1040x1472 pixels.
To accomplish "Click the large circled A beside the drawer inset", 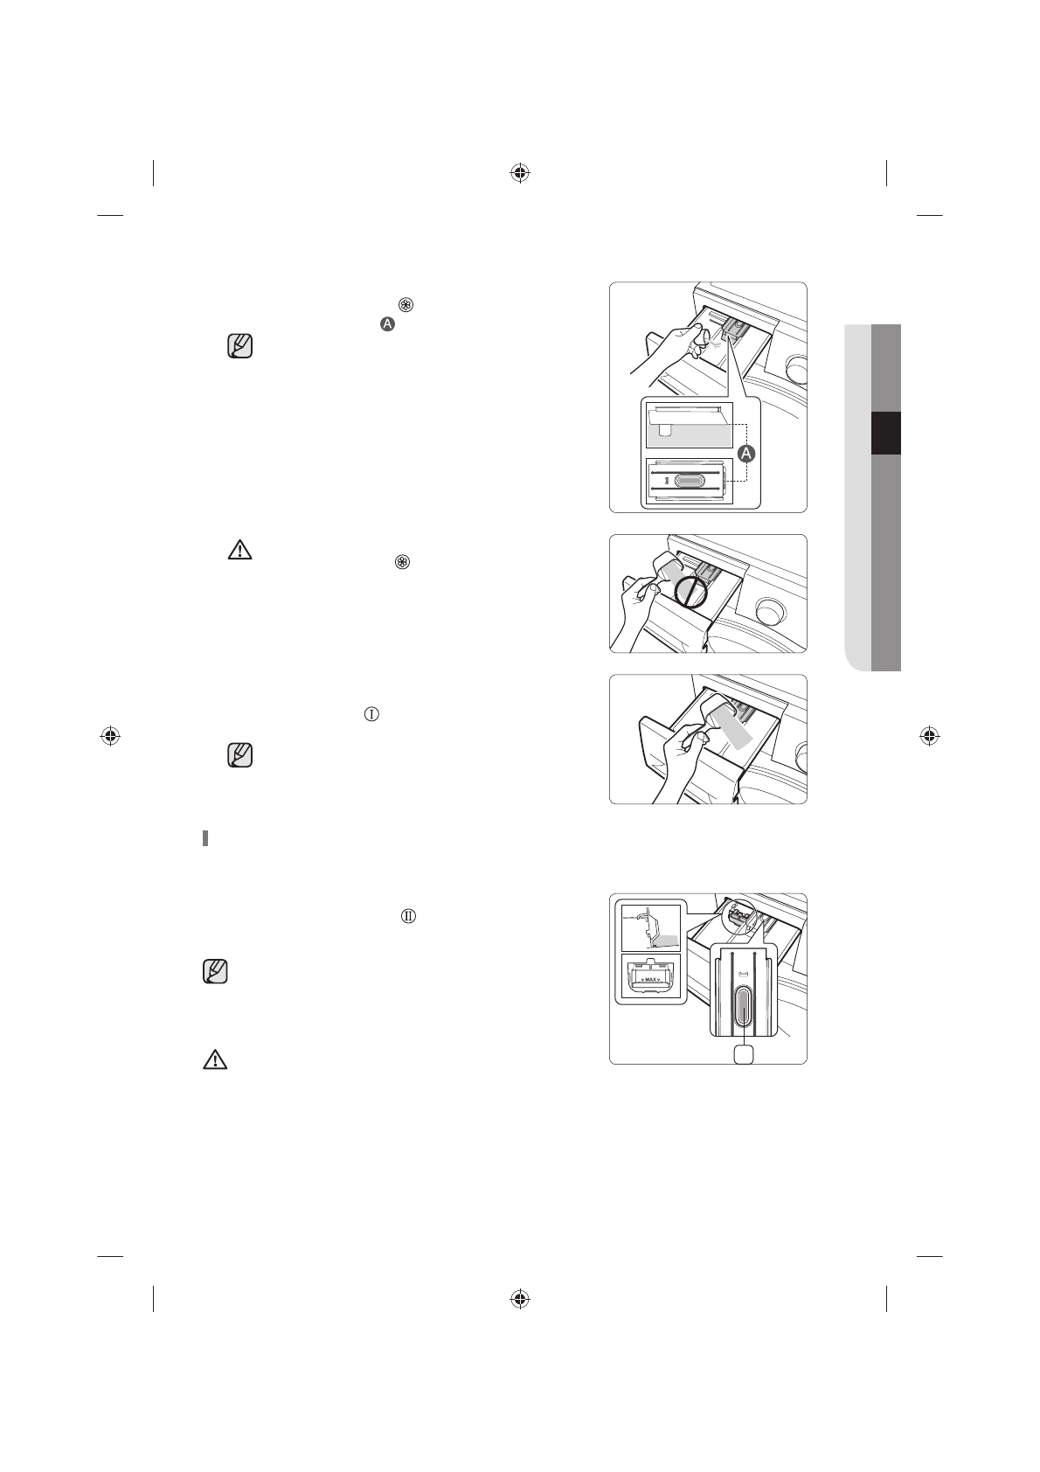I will click(746, 454).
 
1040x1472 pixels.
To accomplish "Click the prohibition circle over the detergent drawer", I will click(691, 590).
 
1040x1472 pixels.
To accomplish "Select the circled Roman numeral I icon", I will click(371, 714).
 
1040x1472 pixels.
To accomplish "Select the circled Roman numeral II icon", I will click(408, 916).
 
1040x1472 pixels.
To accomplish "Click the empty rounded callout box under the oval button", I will click(744, 1053).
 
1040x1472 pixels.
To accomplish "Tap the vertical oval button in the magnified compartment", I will click(743, 1008).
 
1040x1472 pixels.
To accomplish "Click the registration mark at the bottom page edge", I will click(520, 1298).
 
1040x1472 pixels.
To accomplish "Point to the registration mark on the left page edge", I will click(110, 735).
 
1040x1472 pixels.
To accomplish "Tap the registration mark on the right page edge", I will click(930, 735).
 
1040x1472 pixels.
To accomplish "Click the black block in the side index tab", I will click(885, 433).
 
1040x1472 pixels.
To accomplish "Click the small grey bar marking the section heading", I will click(205, 838).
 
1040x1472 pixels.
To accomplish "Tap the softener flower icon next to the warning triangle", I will click(404, 562).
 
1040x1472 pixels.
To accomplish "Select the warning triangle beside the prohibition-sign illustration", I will click(239, 550).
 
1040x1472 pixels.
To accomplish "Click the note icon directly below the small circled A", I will click(239, 346).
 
